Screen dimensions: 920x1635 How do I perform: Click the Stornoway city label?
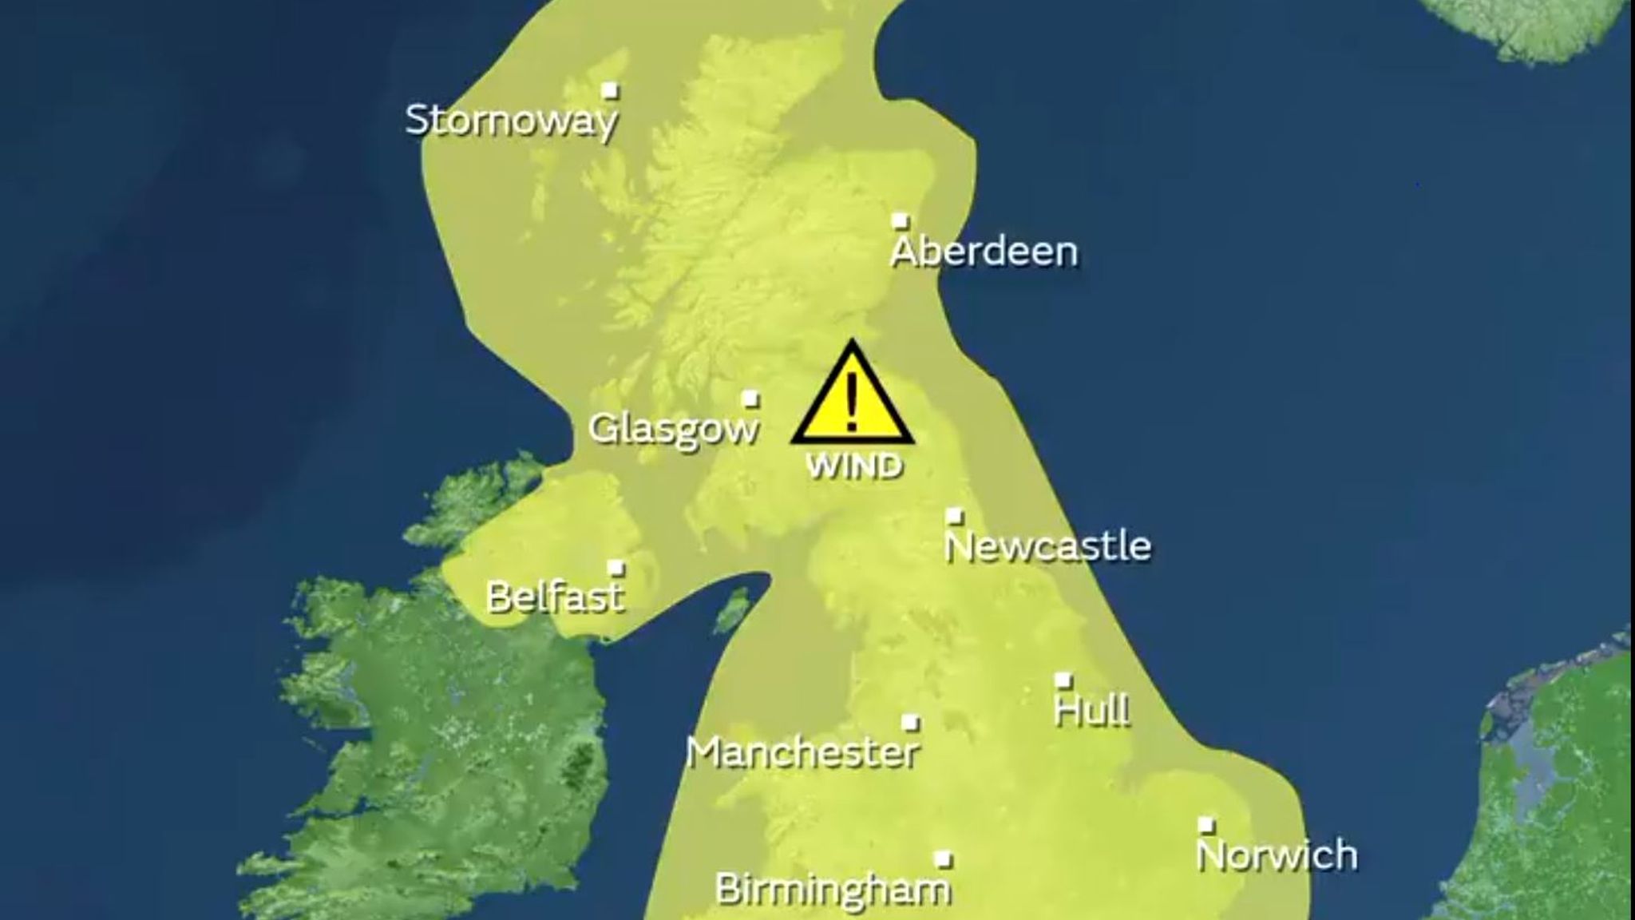(511, 121)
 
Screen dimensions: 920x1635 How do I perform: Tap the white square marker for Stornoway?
(611, 90)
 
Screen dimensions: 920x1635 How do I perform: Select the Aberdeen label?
(984, 252)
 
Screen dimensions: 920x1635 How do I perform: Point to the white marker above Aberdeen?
(901, 220)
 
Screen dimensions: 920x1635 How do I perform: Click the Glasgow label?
(673, 429)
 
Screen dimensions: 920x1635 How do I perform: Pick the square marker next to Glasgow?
(750, 399)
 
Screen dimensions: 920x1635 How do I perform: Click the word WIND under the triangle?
(854, 466)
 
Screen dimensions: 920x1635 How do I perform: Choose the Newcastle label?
(1047, 546)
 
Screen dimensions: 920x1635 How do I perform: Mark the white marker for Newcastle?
(955, 516)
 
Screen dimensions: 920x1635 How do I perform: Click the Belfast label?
(555, 597)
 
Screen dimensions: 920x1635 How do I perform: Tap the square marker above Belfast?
(616, 568)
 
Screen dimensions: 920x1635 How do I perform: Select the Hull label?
(1092, 710)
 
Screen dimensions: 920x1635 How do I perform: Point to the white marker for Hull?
(1063, 680)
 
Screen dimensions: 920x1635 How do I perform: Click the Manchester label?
(803, 752)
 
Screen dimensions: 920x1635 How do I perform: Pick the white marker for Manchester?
(910, 723)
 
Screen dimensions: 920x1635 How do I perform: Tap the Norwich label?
(1277, 855)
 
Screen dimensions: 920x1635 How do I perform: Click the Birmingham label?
(833, 890)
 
